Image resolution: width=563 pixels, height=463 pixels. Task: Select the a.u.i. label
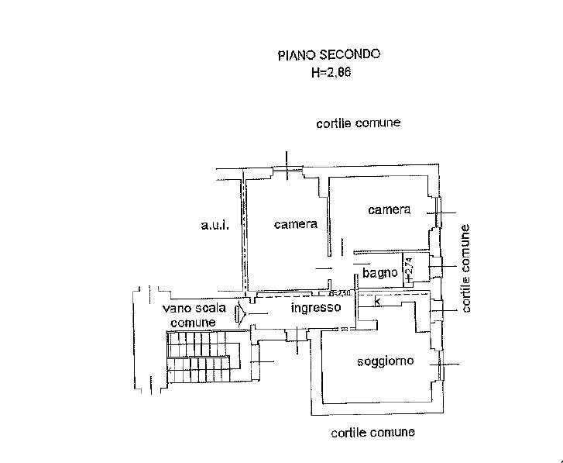212,226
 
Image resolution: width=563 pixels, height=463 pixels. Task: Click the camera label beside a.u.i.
296,225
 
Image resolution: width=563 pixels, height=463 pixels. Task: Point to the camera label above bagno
389,210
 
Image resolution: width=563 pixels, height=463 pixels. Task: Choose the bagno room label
380,273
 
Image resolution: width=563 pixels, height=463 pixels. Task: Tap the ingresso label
315,308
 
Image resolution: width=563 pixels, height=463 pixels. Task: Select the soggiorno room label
385,361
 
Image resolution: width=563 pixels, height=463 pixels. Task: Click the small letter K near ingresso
377,302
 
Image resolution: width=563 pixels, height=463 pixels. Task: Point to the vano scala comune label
193,316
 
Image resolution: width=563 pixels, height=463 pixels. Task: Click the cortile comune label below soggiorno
372,432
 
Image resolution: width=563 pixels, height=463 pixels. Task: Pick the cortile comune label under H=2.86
358,124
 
